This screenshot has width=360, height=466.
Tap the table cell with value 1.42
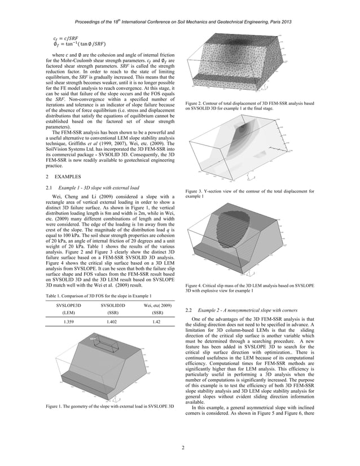[x=158, y=322]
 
